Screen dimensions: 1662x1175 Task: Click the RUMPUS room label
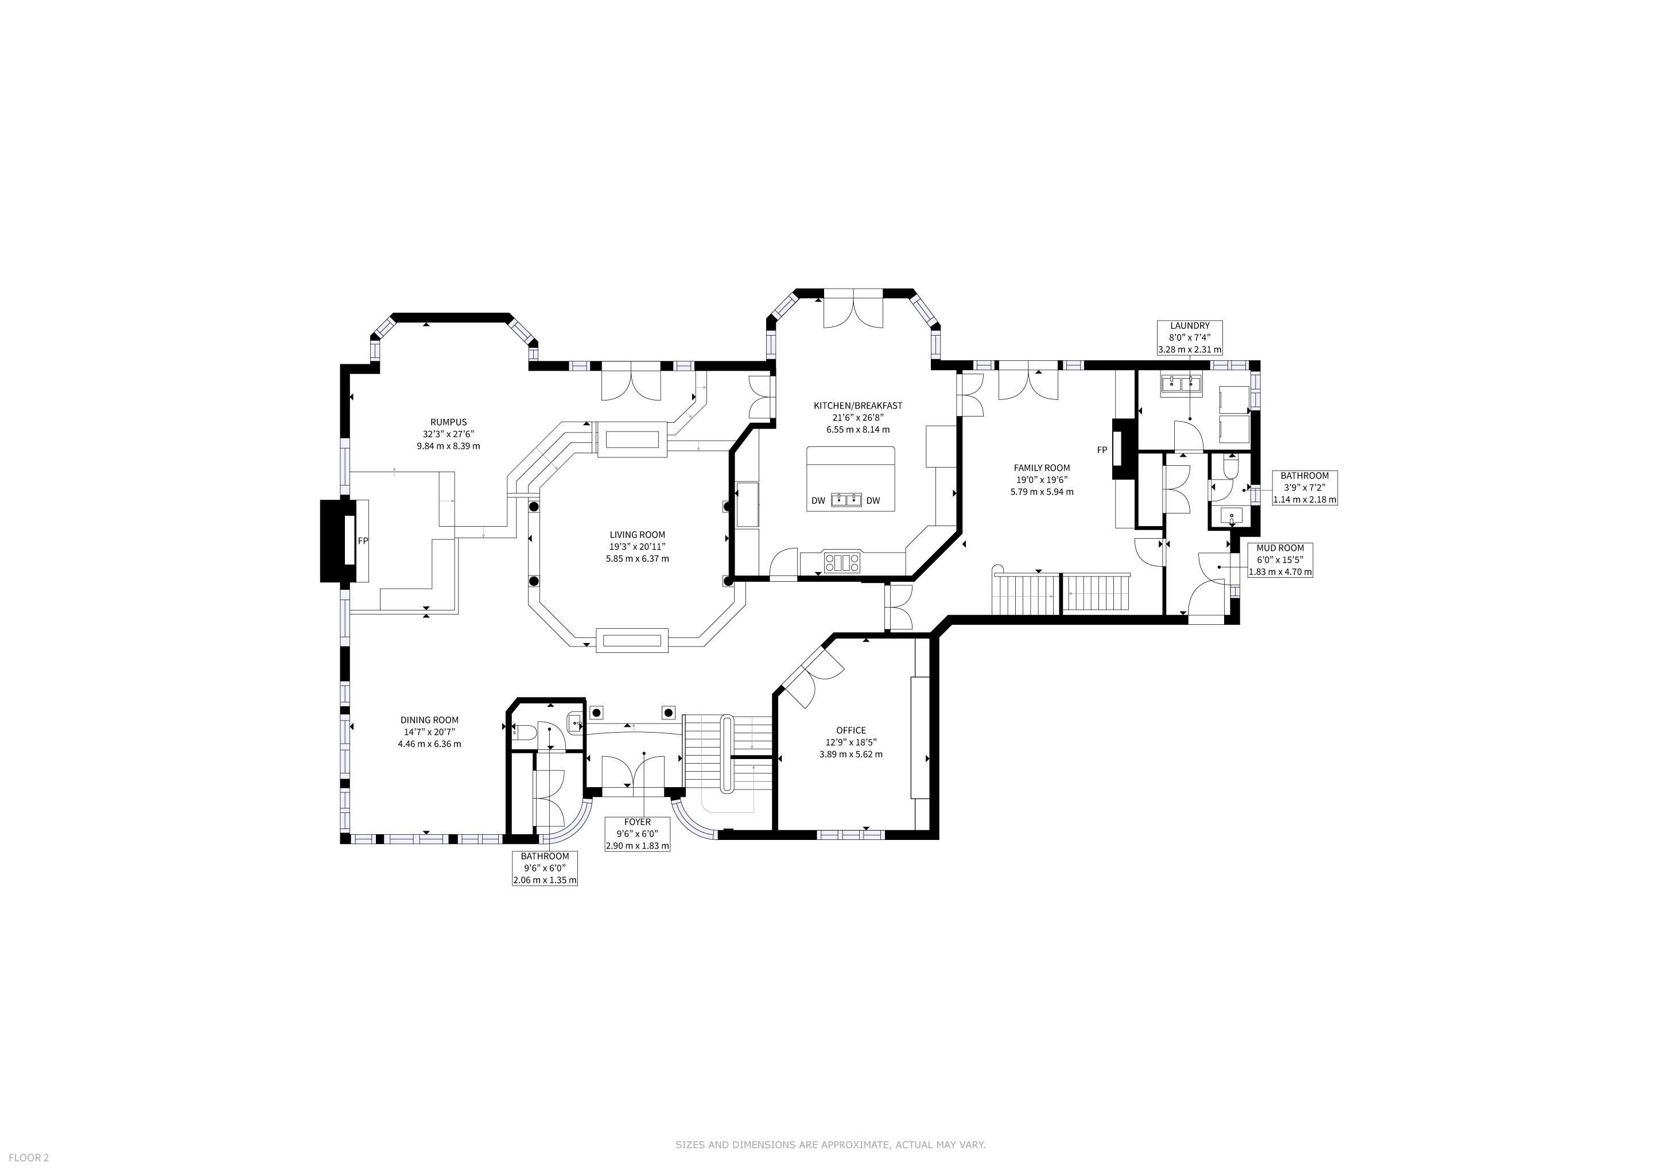pos(448,422)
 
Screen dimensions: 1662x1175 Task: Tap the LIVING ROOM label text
pos(637,535)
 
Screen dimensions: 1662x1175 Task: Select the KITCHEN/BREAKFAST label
pos(858,406)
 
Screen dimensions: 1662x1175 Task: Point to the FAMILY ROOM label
pos(1042,468)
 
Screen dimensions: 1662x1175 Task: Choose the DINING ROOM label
pos(429,720)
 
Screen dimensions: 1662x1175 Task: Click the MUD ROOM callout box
pos(1280,560)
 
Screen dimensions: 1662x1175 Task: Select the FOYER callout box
pos(637,834)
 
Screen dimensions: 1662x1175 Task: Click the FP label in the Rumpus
pos(363,540)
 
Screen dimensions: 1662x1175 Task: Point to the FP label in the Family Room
pos(1102,450)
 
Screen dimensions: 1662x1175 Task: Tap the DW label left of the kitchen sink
pos(818,501)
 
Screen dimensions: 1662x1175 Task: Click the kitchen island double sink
pos(845,499)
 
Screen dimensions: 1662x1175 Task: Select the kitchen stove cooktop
pos(842,562)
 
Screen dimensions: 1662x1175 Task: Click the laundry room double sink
pos(1181,384)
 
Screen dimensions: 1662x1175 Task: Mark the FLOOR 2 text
pos(29,1158)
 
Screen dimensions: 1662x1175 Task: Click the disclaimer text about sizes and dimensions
pos(830,1145)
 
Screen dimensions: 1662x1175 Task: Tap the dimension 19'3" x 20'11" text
pos(637,546)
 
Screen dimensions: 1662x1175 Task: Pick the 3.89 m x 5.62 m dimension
pos(851,754)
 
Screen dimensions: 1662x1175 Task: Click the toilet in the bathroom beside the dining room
pos(523,732)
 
